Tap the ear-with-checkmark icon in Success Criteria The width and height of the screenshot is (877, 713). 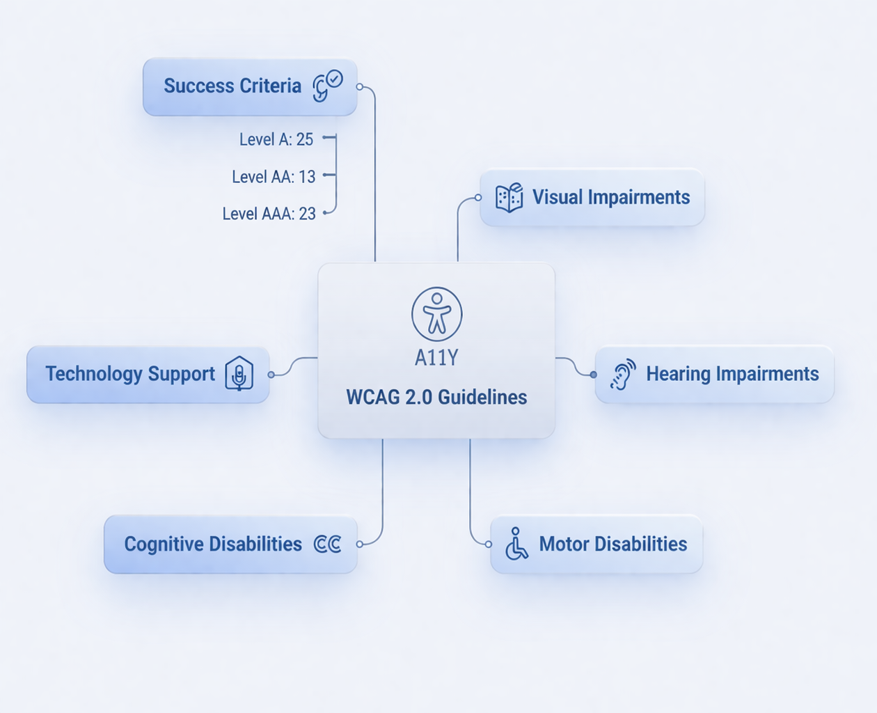326,86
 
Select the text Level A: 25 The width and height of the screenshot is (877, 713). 276,139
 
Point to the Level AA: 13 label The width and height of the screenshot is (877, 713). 274,177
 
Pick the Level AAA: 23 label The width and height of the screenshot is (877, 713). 269,214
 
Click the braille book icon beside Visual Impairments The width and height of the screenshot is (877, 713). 509,198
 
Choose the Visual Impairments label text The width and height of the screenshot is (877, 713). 611,197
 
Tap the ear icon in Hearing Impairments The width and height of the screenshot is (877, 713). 622,374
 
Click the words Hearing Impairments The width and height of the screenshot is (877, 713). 732,374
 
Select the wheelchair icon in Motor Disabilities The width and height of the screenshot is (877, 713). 516,544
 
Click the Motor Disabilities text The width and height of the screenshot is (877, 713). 613,544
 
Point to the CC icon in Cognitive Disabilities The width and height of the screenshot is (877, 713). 327,544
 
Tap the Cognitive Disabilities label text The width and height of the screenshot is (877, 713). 213,544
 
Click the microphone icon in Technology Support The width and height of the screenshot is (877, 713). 239,375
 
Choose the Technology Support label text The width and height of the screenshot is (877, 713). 130,374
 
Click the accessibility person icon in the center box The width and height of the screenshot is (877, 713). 436,313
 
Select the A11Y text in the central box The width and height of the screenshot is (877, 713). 436,358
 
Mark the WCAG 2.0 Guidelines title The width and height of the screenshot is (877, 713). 436,397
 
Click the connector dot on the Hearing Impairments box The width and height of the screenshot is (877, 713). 593,375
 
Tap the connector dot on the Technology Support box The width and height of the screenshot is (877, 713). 271,375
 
